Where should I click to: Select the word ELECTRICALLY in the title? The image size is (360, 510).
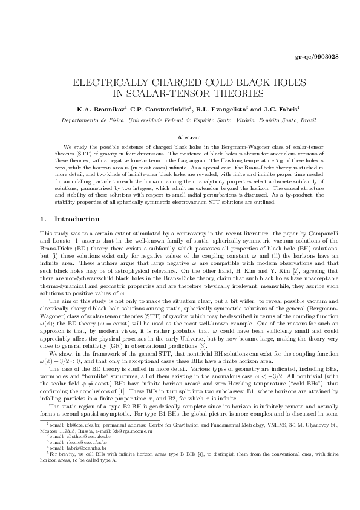106,83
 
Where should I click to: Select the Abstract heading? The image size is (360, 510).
180,139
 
